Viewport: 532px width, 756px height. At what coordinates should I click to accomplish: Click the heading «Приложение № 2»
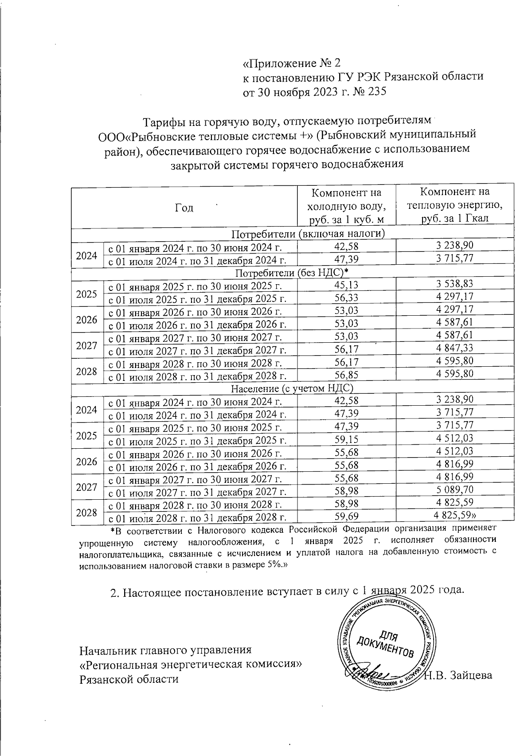(292, 62)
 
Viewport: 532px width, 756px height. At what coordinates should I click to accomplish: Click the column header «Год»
(184, 208)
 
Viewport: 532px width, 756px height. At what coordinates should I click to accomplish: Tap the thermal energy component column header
(454, 205)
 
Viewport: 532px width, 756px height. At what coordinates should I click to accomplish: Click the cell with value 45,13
(346, 285)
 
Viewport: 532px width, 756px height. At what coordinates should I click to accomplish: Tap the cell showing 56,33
(346, 298)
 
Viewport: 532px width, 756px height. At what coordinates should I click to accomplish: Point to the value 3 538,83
(455, 284)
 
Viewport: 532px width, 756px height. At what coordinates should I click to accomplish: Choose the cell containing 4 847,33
(455, 349)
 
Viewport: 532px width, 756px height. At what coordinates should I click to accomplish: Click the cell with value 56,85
(346, 375)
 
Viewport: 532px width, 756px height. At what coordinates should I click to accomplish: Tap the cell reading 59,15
(346, 439)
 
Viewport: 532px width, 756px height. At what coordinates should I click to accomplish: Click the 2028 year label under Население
(86, 512)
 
